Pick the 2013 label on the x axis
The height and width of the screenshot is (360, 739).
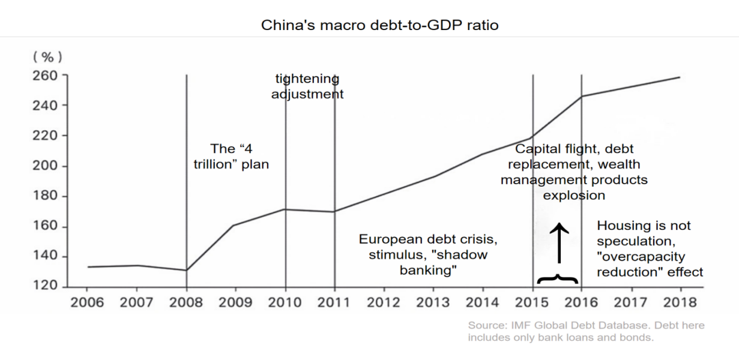tap(433, 302)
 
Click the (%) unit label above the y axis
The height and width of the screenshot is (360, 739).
tap(47, 57)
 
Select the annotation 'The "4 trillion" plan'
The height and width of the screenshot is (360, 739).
tap(231, 155)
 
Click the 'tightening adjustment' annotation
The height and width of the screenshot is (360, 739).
tap(307, 86)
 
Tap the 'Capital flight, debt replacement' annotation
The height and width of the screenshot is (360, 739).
tap(575, 171)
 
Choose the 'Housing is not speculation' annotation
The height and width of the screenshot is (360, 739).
tap(650, 248)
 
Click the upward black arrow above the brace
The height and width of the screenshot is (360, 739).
tap(559, 243)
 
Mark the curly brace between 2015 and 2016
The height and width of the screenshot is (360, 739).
tap(558, 278)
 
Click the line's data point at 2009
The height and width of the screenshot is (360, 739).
tap(235, 225)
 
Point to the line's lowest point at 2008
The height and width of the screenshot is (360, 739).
tap(186, 270)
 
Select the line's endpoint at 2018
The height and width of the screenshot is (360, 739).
tap(680, 77)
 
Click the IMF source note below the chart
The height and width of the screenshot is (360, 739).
tap(586, 331)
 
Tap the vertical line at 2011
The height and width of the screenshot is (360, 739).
tap(334, 180)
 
